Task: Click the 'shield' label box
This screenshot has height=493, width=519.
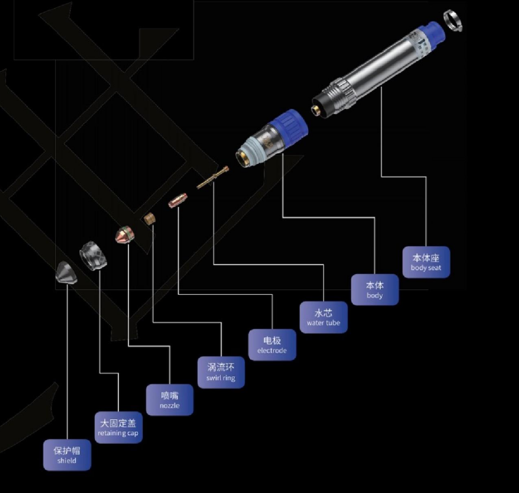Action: click(x=67, y=455)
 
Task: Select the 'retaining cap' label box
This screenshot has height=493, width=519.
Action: click(x=119, y=427)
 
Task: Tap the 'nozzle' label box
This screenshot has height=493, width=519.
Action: click(x=170, y=399)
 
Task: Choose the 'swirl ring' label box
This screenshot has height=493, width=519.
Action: click(x=221, y=372)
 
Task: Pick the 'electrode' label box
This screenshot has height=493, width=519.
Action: click(x=272, y=345)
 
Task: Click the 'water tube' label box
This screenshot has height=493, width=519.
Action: click(x=323, y=317)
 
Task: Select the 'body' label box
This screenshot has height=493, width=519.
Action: click(x=375, y=289)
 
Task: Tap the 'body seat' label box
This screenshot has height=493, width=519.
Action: click(x=426, y=262)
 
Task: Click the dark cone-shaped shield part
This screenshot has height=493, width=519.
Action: click(x=66, y=273)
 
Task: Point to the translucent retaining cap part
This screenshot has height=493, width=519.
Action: click(x=93, y=255)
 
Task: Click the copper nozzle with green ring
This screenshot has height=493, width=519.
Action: click(x=125, y=235)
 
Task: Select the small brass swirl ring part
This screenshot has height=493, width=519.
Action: click(x=150, y=218)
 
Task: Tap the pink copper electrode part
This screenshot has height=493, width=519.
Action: click(x=178, y=201)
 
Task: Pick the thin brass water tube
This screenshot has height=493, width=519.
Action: click(x=212, y=178)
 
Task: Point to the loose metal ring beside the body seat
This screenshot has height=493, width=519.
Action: click(x=453, y=21)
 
